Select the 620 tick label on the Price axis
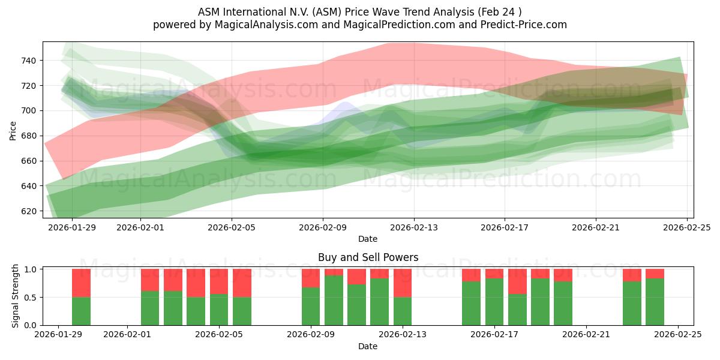[29, 211]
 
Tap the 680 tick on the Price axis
[29, 136]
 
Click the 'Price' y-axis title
[13, 130]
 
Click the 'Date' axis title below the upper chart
[368, 239]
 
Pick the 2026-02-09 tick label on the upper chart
[323, 227]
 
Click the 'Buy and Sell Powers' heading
[368, 257]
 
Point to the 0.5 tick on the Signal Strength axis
[30, 298]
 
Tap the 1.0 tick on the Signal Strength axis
[30, 269]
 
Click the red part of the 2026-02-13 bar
[403, 283]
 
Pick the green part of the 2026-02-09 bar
[311, 307]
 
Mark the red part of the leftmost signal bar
[81, 283]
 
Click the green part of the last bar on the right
[655, 302]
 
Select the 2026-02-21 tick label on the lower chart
[586, 335]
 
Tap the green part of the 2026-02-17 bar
[494, 302]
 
